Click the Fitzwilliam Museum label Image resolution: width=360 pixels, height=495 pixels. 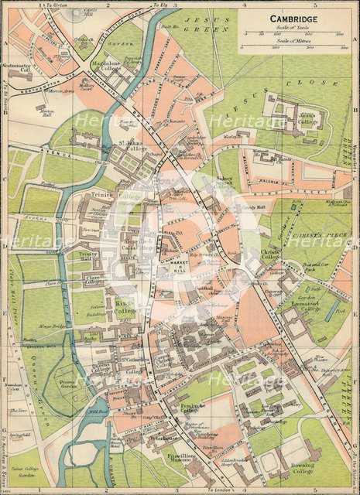coord(179,463)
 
